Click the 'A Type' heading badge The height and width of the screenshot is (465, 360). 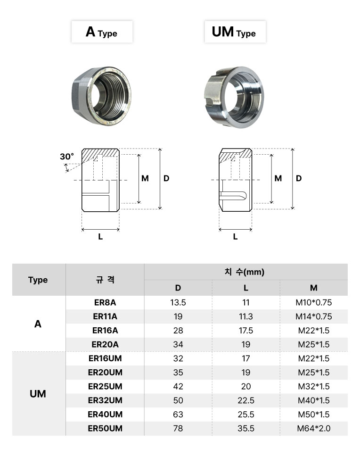pyautogui.click(x=102, y=32)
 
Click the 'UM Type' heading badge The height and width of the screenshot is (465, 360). pyautogui.click(x=235, y=32)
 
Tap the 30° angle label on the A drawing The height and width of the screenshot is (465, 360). pyautogui.click(x=67, y=156)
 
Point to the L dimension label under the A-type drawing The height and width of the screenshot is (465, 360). pyautogui.click(x=100, y=237)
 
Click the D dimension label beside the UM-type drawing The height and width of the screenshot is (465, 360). pyautogui.click(x=299, y=178)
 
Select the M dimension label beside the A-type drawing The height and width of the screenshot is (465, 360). pyautogui.click(x=145, y=178)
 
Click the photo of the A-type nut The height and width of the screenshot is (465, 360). pyautogui.click(x=102, y=96)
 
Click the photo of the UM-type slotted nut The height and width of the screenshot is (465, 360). pyautogui.click(x=234, y=97)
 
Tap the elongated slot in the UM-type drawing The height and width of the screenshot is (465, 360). pyautogui.click(x=233, y=196)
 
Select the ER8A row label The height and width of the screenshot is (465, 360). pyautogui.click(x=105, y=302)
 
